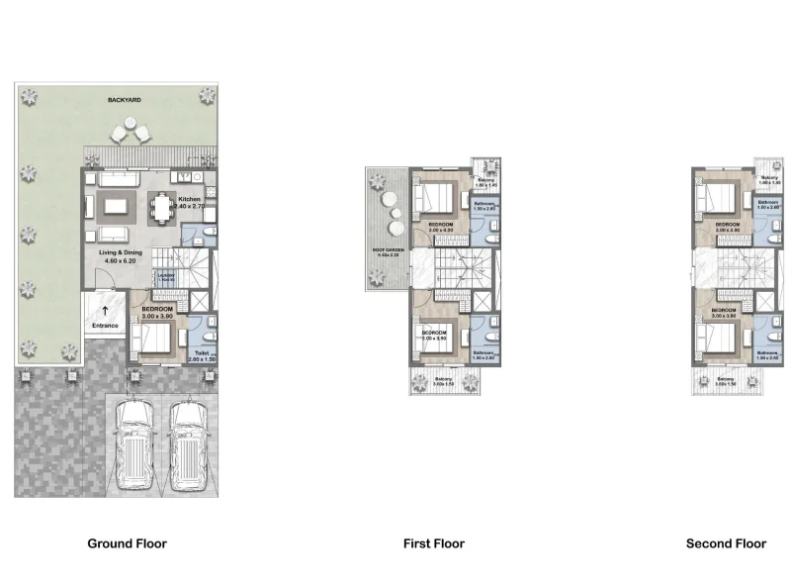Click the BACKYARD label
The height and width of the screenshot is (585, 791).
[124, 101]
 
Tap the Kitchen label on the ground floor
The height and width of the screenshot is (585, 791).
[191, 199]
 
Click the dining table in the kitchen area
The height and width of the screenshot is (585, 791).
[162, 208]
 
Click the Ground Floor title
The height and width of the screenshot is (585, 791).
[127, 543]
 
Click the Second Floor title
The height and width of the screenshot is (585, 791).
[726, 543]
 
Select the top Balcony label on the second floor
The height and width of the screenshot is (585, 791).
[770, 180]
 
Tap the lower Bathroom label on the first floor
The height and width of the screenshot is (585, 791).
[483, 354]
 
